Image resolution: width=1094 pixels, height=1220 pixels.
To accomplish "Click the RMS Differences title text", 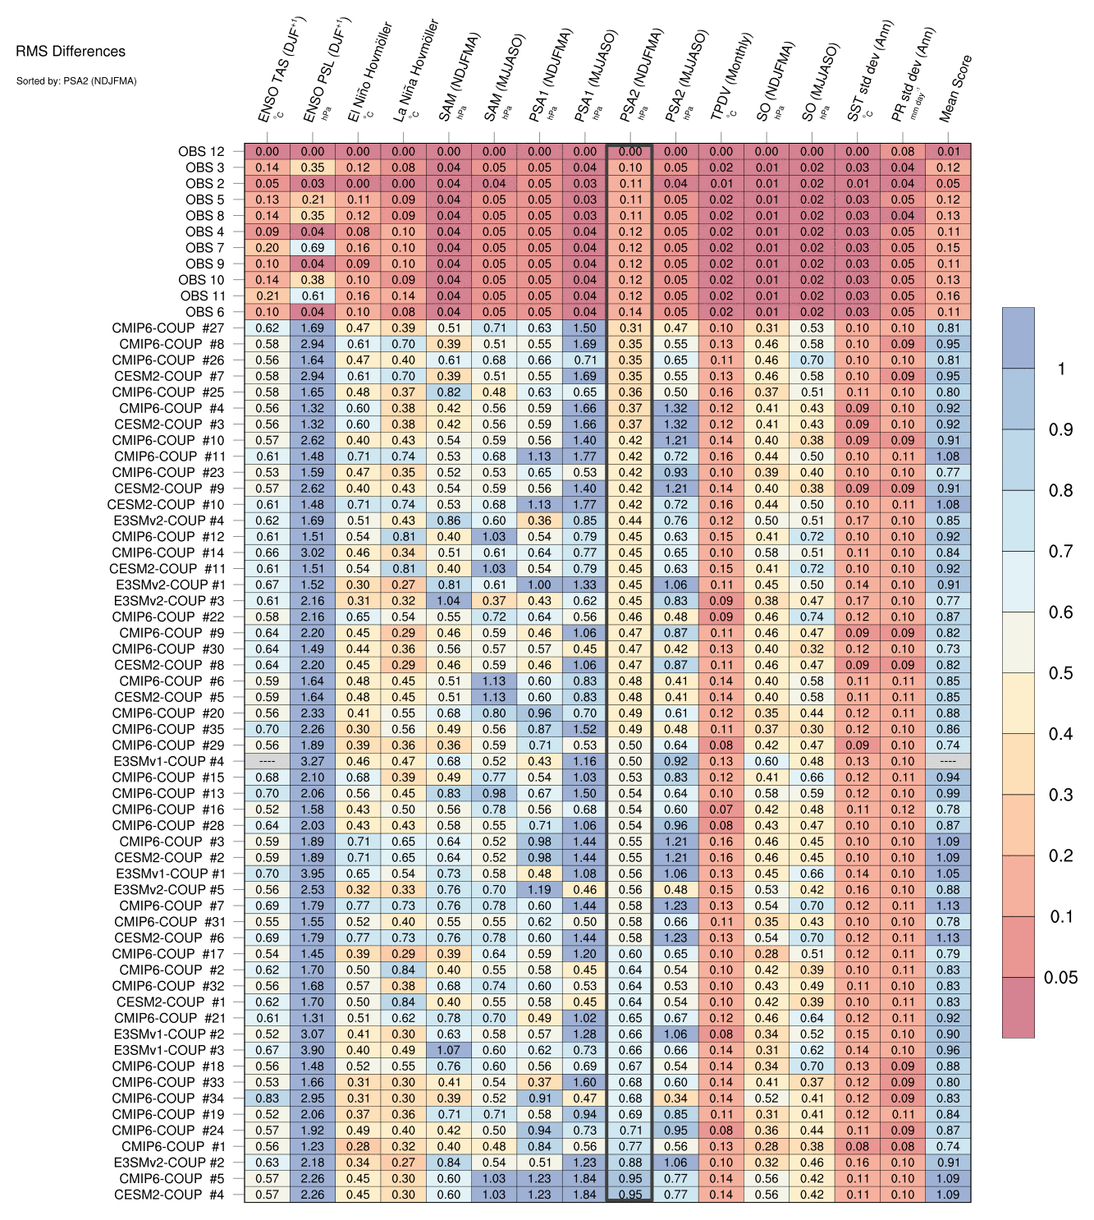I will [x=71, y=52].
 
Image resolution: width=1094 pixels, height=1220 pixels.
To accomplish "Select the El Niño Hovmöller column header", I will [x=368, y=74].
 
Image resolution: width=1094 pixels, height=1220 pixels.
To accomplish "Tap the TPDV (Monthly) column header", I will [x=730, y=78].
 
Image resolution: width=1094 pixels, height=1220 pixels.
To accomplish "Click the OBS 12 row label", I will [x=201, y=151].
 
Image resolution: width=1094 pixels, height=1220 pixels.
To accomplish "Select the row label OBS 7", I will [x=204, y=248].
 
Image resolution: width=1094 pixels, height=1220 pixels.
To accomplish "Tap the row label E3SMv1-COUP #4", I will [x=169, y=762].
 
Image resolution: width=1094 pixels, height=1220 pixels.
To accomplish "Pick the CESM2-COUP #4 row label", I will [x=169, y=1195].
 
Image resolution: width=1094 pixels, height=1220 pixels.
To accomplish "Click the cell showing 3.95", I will [x=313, y=874].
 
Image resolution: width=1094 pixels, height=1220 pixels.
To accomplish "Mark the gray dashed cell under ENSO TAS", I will [x=268, y=762].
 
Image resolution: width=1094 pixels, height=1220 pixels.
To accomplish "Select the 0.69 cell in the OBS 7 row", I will [x=313, y=248].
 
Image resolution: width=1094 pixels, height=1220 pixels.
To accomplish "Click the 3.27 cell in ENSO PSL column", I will [x=313, y=762].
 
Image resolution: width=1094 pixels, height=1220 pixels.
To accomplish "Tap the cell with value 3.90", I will [x=313, y=1050].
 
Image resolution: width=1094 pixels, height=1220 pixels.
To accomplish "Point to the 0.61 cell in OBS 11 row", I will [x=313, y=296].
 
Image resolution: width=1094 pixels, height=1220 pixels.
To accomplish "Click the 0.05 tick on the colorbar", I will [x=1060, y=978].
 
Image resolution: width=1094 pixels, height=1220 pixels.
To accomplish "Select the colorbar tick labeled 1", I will [x=1061, y=369].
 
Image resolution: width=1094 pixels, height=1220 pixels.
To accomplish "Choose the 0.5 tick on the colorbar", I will [x=1060, y=673].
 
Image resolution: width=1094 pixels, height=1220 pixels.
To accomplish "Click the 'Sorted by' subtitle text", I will [x=76, y=81].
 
